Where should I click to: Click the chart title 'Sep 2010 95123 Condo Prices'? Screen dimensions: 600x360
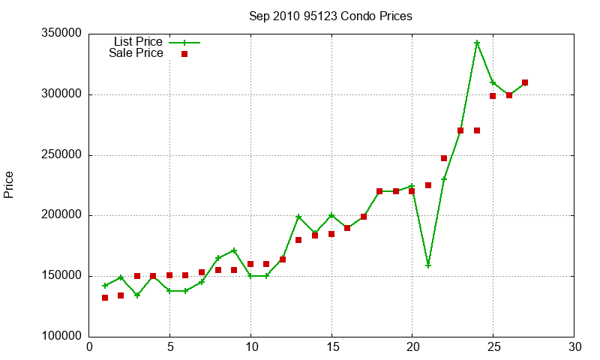[331, 16]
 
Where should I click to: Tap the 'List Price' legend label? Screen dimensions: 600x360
[138, 41]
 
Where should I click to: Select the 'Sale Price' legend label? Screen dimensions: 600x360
[136, 52]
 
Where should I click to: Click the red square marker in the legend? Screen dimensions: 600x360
[184, 54]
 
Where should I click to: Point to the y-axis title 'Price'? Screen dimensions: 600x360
[8, 184]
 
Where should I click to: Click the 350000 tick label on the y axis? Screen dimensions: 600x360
[61, 33]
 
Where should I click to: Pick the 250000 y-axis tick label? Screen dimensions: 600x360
[61, 154]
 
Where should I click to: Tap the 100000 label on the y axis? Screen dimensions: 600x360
[61, 336]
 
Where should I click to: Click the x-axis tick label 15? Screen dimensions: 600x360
[331, 347]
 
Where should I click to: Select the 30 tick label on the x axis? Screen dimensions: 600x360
[574, 347]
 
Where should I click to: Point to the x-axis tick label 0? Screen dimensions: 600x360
[89, 347]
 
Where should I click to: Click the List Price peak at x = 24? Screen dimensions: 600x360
[477, 43]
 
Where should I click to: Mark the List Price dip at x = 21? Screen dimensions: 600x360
[428, 265]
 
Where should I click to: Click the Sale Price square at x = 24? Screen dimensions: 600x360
[477, 130]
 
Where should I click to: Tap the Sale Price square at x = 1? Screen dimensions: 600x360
[105, 298]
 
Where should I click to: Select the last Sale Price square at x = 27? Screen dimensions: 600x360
[525, 82]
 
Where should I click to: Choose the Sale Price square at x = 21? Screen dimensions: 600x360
[428, 185]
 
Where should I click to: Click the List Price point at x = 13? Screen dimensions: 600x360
[298, 217]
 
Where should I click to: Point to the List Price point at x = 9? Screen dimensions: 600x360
[234, 250]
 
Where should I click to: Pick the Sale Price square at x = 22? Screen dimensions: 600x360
[444, 158]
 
